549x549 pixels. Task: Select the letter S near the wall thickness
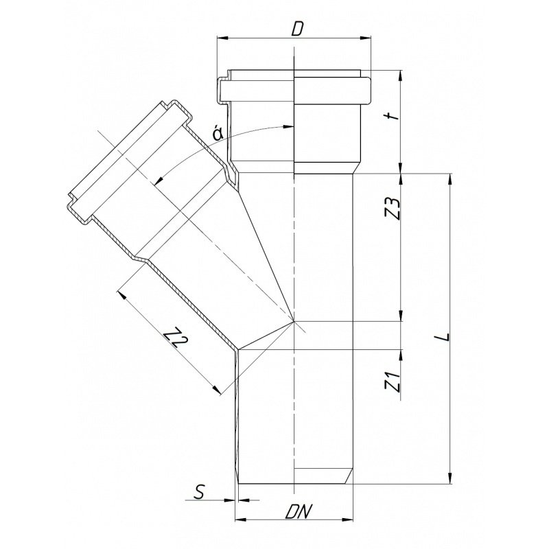point(200,491)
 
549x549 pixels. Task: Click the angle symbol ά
point(218,135)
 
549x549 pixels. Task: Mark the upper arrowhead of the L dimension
point(449,178)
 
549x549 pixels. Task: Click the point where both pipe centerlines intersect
point(294,321)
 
